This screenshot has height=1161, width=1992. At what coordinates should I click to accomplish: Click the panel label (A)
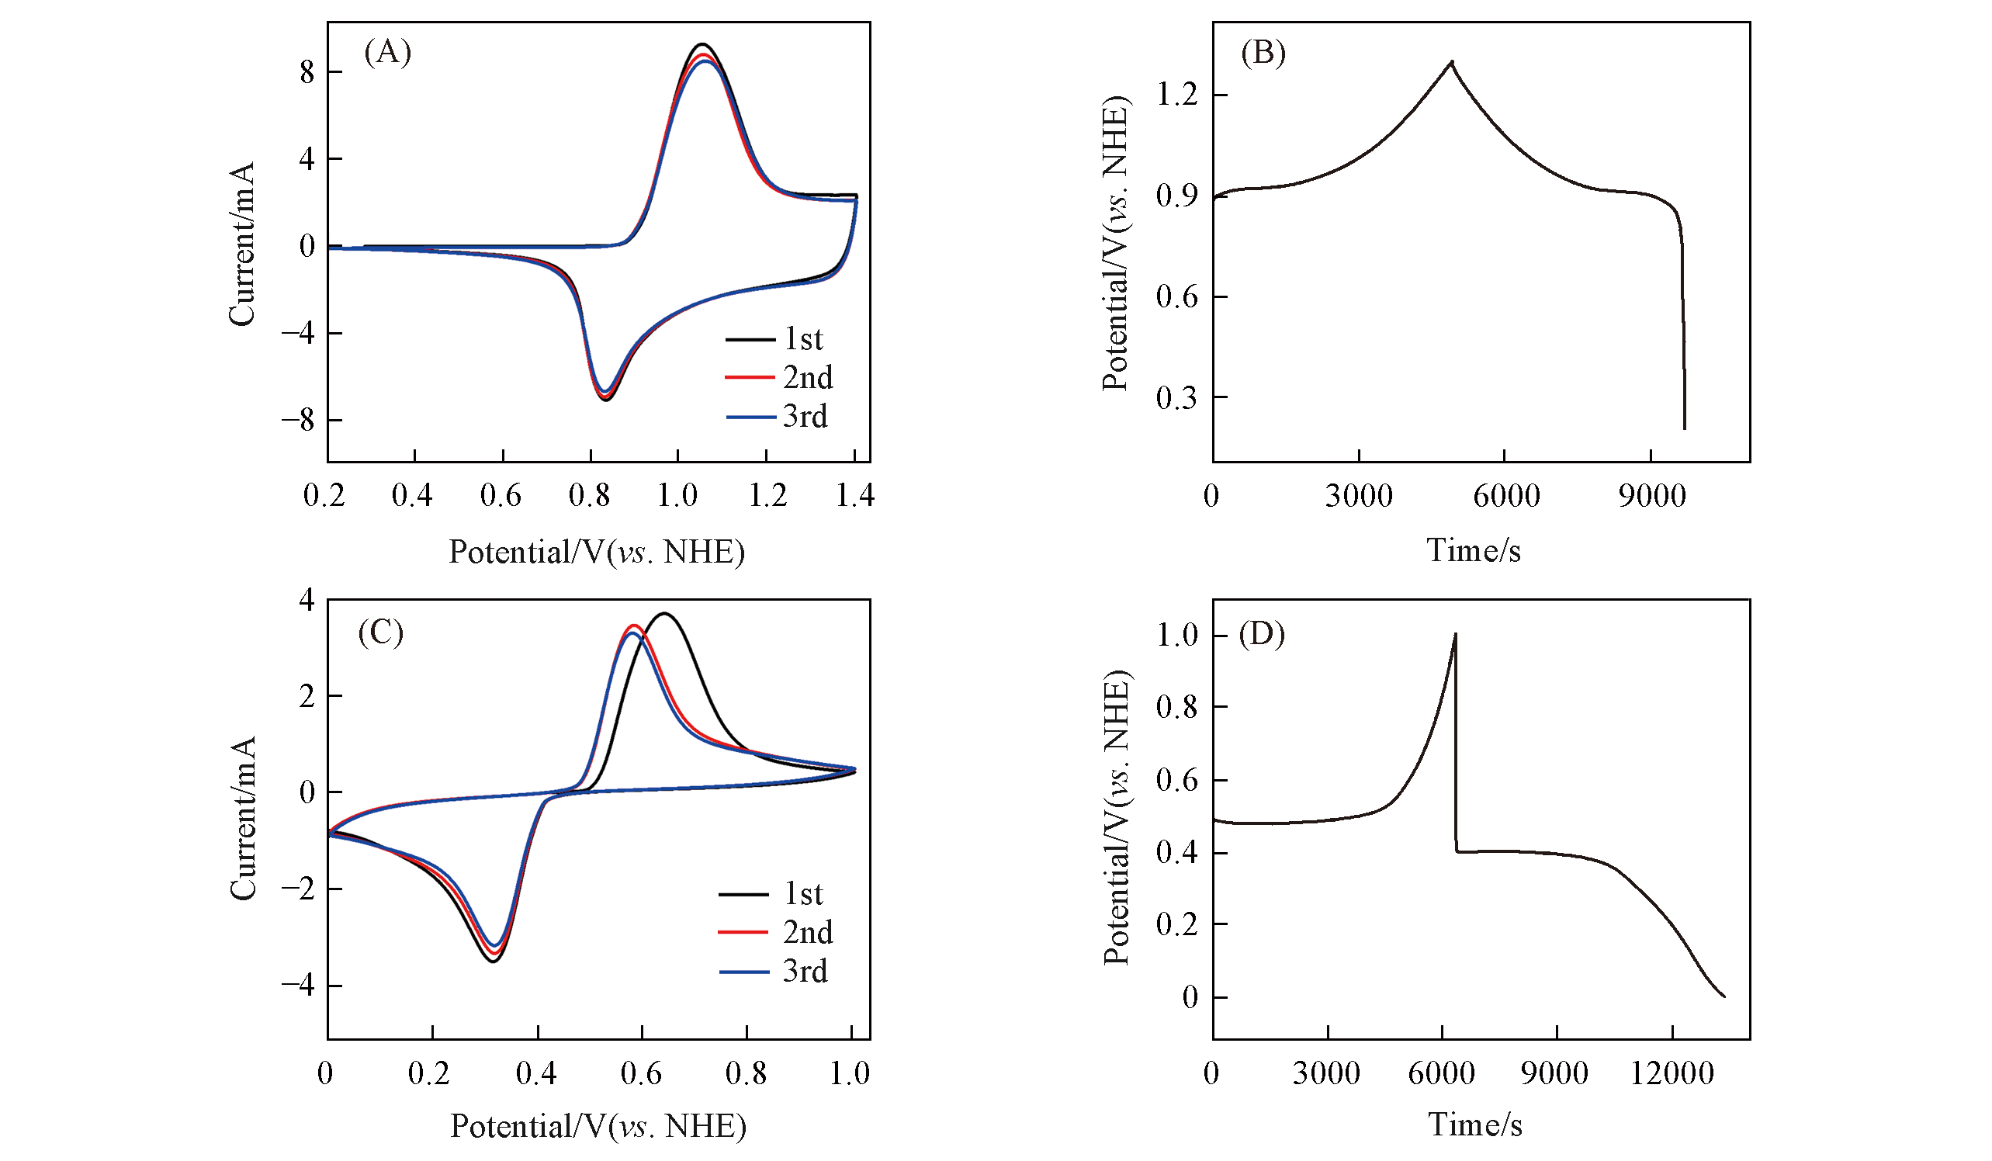point(387,53)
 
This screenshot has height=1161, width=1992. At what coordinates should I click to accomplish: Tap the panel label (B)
point(1263,53)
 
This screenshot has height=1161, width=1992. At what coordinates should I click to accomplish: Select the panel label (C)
point(380,632)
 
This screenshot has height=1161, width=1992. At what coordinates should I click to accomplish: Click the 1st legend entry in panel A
point(802,339)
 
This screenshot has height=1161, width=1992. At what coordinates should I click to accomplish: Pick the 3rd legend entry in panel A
point(805,417)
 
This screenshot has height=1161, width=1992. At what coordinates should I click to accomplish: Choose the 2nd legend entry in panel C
point(807,932)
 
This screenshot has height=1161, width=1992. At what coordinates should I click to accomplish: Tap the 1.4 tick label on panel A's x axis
point(854,496)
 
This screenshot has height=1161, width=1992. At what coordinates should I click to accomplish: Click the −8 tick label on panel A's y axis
point(298,420)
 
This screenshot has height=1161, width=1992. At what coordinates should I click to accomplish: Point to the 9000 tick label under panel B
point(1651,496)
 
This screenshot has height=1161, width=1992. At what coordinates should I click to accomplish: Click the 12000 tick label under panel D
point(1672,1073)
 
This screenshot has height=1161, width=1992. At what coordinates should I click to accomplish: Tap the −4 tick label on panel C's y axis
point(298,985)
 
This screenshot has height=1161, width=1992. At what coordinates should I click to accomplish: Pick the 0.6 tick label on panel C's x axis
point(641,1073)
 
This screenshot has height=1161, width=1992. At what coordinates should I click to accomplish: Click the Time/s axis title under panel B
point(1473,550)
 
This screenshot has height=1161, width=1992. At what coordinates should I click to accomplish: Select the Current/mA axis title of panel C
point(242,818)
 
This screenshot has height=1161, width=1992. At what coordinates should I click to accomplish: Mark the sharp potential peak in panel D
point(1454,634)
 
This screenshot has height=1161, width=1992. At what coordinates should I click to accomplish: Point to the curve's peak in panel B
point(1451,61)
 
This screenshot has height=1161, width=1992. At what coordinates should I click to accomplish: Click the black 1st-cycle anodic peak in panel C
point(664,613)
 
